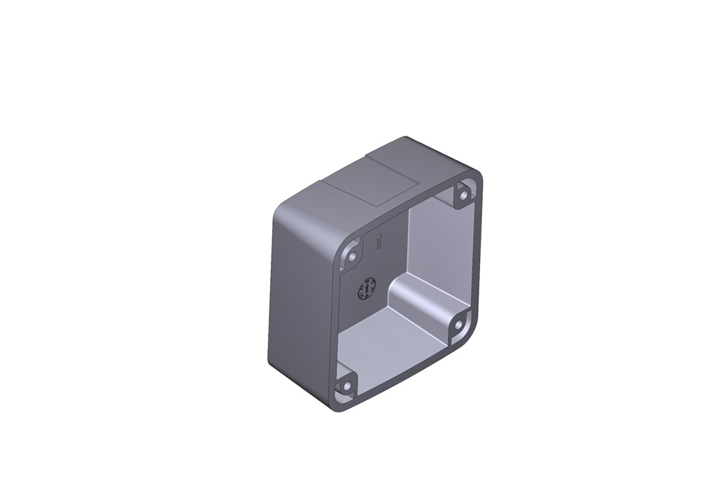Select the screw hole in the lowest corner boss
[x=345, y=387]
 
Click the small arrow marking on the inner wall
[x=378, y=241]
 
